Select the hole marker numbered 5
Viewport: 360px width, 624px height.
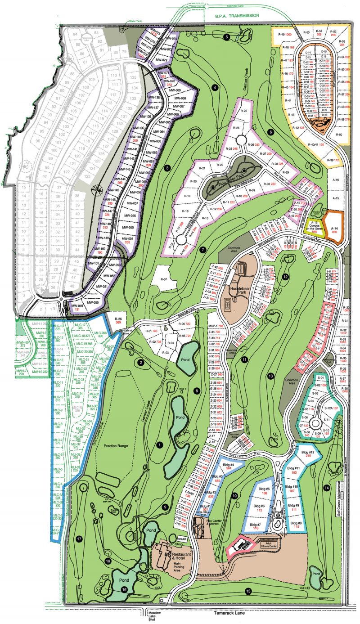(x=227, y=36)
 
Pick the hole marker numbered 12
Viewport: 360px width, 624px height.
(x=285, y=277)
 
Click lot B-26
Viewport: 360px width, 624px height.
(x=118, y=319)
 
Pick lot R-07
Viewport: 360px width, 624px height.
(x=164, y=279)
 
